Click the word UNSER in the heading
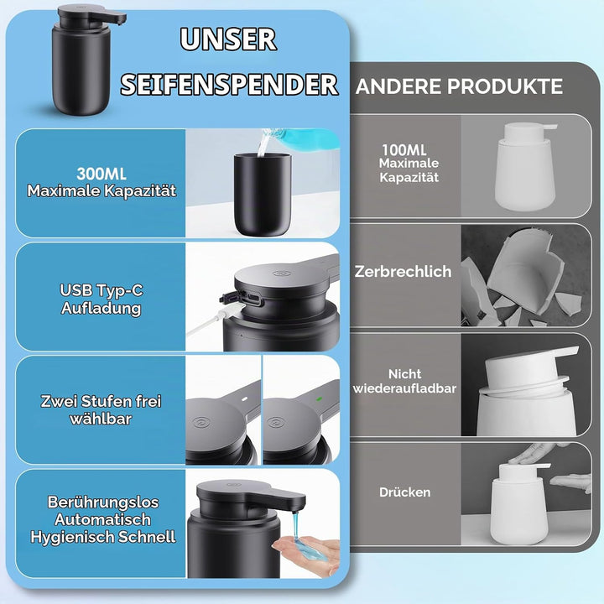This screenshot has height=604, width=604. (228, 39)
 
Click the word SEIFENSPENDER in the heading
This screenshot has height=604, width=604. (230, 85)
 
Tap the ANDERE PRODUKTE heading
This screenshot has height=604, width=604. (459, 86)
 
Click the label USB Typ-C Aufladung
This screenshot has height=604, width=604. (102, 299)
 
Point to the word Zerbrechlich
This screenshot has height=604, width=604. (403, 272)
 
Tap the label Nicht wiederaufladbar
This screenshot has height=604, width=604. (404, 381)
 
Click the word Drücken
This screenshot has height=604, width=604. (405, 492)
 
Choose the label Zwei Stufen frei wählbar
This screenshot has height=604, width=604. (101, 410)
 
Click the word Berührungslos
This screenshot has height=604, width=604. (103, 502)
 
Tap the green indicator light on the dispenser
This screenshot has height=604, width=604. (319, 398)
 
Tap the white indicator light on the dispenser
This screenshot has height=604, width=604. (244, 399)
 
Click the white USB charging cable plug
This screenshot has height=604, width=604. (232, 309)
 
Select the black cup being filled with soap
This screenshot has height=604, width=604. (263, 195)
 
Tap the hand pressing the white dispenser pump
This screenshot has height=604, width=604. (534, 454)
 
